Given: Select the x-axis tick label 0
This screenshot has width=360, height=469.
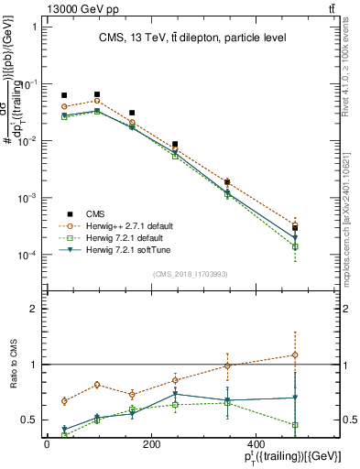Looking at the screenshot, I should click(x=47, y=444).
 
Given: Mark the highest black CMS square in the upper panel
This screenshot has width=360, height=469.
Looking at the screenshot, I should click(x=97, y=94).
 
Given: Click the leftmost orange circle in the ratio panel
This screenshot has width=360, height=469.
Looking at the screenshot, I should click(x=64, y=400).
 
